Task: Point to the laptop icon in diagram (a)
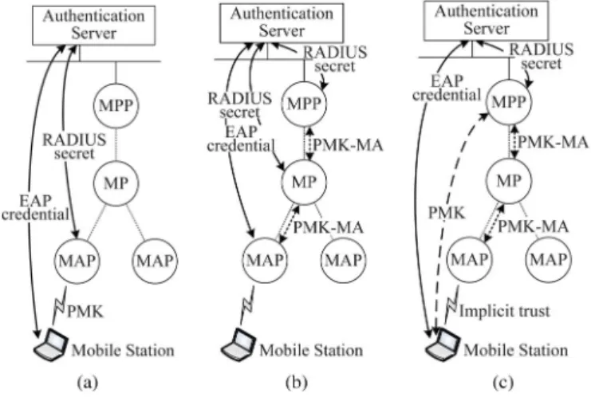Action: [51, 344]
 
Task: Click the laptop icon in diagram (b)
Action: [238, 344]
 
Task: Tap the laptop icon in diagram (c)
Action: [443, 344]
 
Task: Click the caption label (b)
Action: [296, 383]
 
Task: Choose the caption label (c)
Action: [502, 383]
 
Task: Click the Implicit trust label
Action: [504, 311]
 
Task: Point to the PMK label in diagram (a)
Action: [85, 312]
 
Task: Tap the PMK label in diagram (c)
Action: [447, 214]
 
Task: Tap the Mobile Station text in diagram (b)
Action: [311, 350]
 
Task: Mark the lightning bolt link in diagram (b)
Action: [247, 305]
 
